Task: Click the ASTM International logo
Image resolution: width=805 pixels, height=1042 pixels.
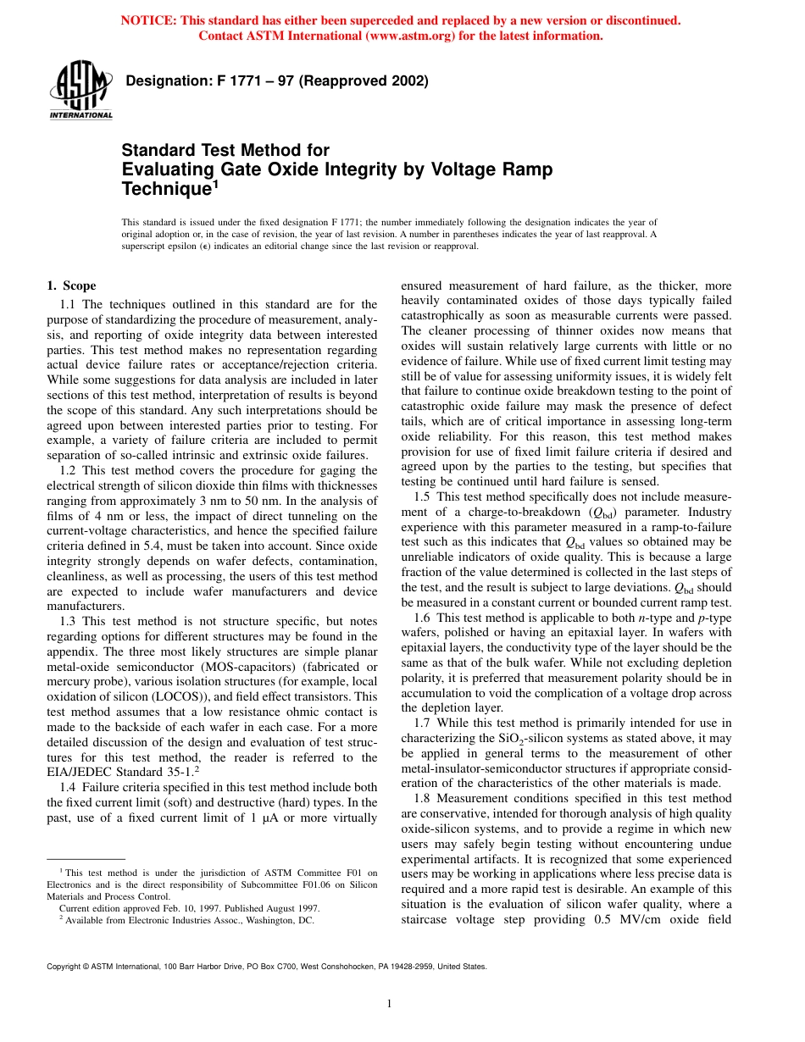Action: click(80, 90)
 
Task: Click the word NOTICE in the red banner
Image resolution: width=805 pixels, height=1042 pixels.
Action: click(147, 20)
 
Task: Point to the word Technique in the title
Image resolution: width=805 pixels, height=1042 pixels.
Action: click(166, 188)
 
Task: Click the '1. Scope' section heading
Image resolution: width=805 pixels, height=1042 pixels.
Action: click(71, 285)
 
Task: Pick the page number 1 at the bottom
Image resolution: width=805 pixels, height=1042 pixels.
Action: click(389, 1004)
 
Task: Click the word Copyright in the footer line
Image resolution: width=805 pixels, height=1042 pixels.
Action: click(65, 966)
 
